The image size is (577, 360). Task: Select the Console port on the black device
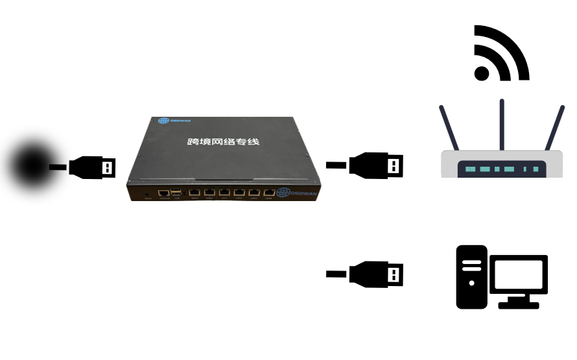pos(164,192)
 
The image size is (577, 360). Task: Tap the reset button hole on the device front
pos(148,193)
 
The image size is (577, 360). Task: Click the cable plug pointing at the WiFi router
pos(377,165)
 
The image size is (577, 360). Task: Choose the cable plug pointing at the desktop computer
pos(377,273)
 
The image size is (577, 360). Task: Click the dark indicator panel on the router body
pos(501,169)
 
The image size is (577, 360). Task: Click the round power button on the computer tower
pos(471,283)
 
